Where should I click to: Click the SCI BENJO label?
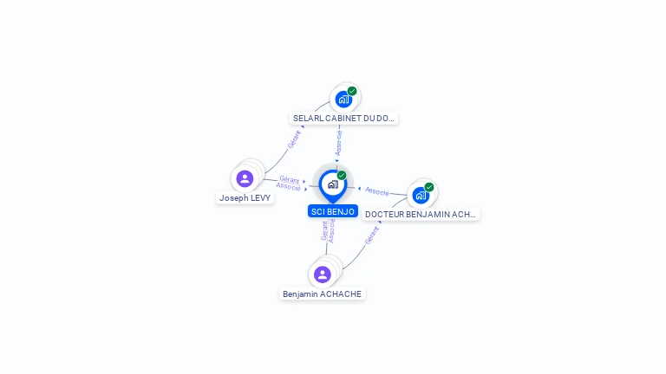point(333,211)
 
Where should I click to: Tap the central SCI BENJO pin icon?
point(333,184)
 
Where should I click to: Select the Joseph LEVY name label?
point(245,197)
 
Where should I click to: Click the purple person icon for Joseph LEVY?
point(245,178)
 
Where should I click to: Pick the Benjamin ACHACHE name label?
point(323,293)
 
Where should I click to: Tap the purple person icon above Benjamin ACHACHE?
point(323,274)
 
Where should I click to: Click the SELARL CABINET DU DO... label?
point(343,118)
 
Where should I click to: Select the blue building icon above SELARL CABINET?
point(343,99)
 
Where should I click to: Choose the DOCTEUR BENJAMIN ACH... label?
point(421,214)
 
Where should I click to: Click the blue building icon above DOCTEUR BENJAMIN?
point(421,195)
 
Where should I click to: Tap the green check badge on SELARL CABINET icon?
point(352,91)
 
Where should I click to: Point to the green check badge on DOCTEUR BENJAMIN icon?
point(429,187)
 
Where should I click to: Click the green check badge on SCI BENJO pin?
point(342,176)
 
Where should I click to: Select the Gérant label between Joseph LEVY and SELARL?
point(296,139)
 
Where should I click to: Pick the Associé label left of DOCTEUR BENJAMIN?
point(377,190)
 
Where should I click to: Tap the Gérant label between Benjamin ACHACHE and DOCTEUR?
point(372,235)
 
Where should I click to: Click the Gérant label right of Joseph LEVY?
point(290,179)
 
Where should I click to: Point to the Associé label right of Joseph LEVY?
point(288,186)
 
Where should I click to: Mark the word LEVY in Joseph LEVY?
point(259,197)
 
